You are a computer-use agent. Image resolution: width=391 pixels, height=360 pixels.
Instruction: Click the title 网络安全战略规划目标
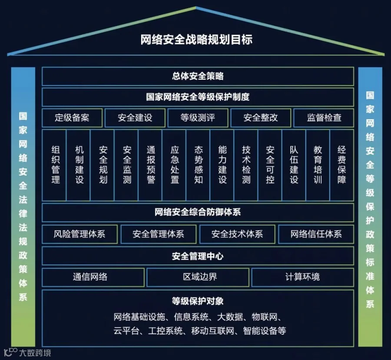(x=196, y=40)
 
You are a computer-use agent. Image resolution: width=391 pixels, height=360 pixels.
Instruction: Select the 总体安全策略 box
(x=198, y=77)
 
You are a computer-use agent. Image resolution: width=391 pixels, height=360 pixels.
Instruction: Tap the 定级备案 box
(x=72, y=118)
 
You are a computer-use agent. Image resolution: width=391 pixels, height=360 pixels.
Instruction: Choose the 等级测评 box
(x=198, y=118)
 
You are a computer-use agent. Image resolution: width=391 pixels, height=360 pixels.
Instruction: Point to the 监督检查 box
(x=324, y=118)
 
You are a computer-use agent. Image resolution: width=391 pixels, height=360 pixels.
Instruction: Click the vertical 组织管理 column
(x=56, y=164)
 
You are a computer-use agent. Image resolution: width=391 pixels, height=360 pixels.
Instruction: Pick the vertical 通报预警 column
(x=151, y=164)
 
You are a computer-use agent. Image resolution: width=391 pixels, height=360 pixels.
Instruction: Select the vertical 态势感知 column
(x=199, y=164)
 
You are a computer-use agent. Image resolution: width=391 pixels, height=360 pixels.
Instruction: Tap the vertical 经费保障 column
(x=342, y=164)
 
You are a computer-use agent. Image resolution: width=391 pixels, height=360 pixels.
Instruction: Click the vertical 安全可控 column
(x=270, y=164)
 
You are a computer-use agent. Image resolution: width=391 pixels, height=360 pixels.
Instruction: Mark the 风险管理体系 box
(x=80, y=234)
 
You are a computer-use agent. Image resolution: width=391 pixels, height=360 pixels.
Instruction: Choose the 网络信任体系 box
(x=316, y=234)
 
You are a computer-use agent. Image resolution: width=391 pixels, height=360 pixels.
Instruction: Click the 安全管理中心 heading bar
(x=198, y=256)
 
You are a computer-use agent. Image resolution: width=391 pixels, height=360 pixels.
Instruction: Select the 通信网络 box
(x=93, y=277)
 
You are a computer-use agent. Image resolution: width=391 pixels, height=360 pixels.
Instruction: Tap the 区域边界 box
(x=198, y=277)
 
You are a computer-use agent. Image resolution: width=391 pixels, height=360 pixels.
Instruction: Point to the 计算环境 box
(x=302, y=277)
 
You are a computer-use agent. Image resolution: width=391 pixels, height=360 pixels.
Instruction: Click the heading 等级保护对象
(x=198, y=301)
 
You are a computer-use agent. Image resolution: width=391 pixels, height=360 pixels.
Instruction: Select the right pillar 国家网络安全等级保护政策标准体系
(x=370, y=200)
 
